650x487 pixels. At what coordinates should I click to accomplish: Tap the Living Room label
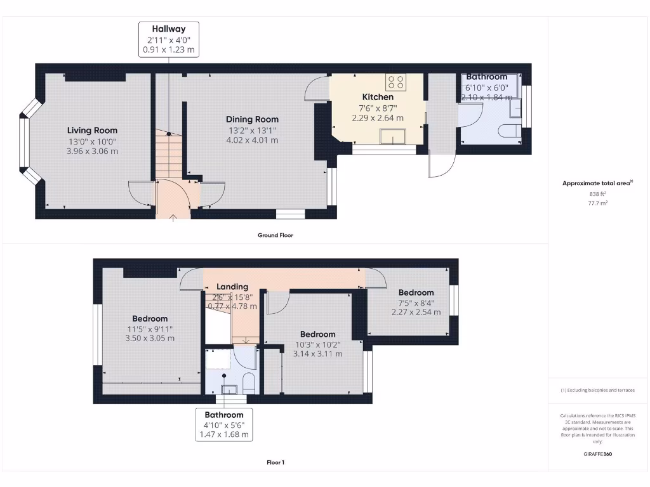pyautogui.click(x=93, y=130)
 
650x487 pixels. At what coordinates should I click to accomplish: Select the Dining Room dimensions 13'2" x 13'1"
pyautogui.click(x=252, y=130)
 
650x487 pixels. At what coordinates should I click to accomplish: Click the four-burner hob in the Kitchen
pyautogui.click(x=396, y=82)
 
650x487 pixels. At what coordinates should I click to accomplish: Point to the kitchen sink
pyautogui.click(x=394, y=135)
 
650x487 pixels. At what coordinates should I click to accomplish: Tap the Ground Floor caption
pyautogui.click(x=275, y=235)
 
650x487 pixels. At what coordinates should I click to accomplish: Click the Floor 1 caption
pyautogui.click(x=275, y=463)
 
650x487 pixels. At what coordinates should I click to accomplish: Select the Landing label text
pyautogui.click(x=232, y=287)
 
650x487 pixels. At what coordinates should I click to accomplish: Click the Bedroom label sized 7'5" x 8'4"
pyautogui.click(x=416, y=292)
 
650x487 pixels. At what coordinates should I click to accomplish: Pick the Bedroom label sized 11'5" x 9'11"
pyautogui.click(x=150, y=318)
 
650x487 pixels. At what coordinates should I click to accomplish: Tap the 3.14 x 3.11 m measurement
pyautogui.click(x=317, y=354)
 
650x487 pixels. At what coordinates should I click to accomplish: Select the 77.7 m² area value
pyautogui.click(x=594, y=204)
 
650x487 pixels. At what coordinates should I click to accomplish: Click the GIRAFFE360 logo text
pyautogui.click(x=598, y=454)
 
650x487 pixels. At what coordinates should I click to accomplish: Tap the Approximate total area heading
pyautogui.click(x=597, y=183)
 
